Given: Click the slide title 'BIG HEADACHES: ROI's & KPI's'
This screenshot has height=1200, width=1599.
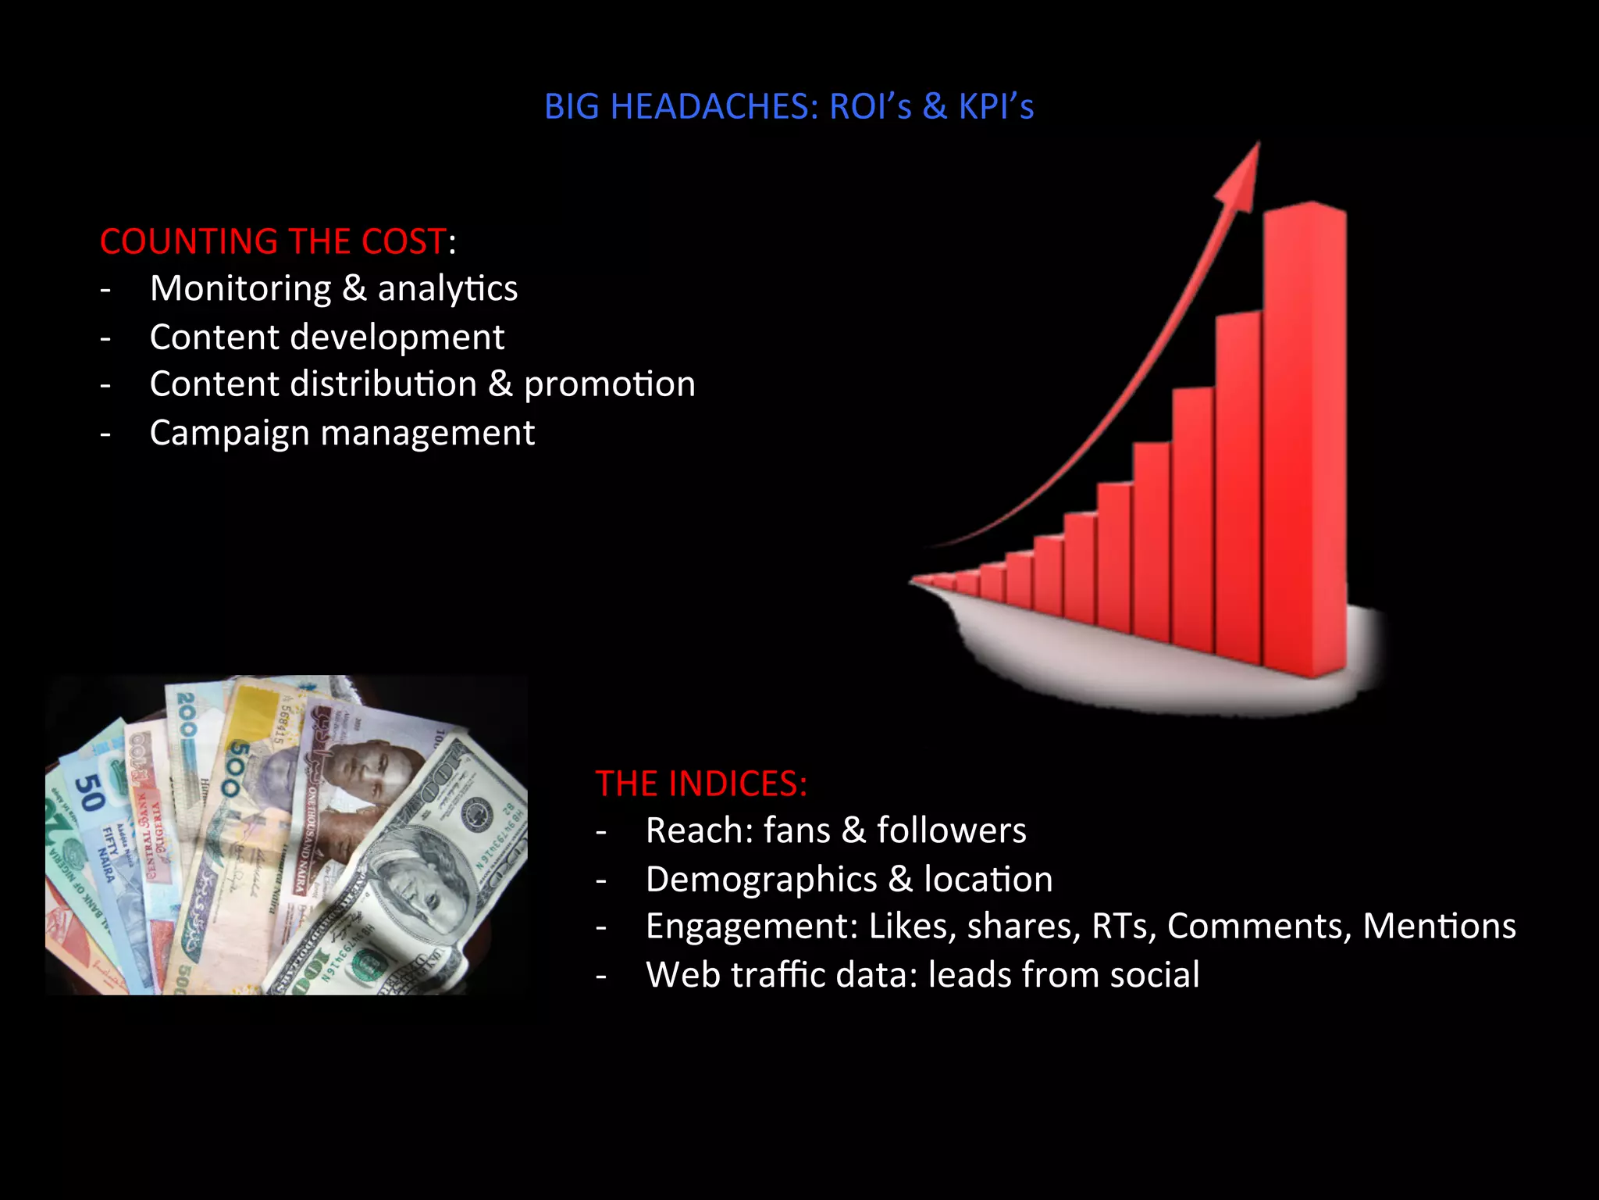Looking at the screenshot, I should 789,107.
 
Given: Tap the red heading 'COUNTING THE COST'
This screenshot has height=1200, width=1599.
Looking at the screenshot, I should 272,241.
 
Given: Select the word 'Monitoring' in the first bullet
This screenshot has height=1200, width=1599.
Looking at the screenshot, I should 240,289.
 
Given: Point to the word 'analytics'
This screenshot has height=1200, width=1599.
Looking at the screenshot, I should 447,289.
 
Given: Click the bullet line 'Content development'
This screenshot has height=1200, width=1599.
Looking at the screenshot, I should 326,337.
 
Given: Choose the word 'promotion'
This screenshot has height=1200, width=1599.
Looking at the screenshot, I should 609,384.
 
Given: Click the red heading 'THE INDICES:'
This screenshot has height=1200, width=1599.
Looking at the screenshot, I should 700,784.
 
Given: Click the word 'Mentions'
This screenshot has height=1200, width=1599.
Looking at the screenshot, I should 1439,927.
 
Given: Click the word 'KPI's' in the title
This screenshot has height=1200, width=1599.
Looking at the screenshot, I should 995,107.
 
